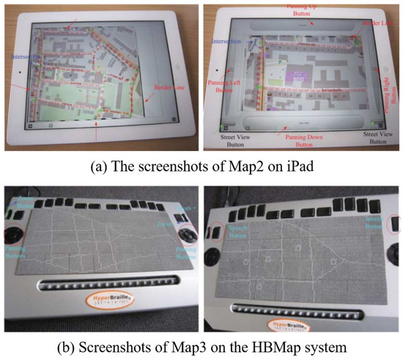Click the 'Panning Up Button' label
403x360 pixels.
(x=294, y=10)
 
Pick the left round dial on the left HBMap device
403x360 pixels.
(x=12, y=235)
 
